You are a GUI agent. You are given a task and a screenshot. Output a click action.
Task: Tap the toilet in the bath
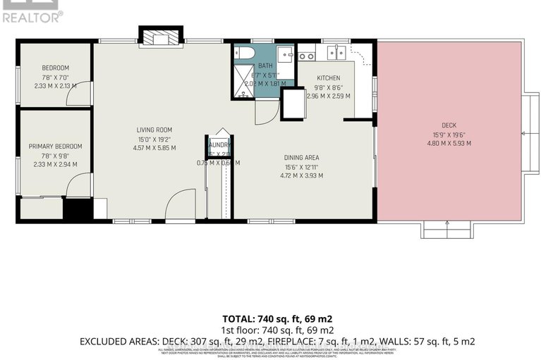(x=244, y=54)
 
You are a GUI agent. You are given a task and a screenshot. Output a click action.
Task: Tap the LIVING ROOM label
(x=154, y=130)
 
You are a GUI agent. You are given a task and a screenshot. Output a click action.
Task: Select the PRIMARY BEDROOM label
(x=55, y=147)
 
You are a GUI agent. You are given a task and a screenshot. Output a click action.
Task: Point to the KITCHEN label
(x=328, y=78)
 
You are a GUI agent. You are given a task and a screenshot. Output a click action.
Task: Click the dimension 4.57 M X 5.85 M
(x=154, y=148)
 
